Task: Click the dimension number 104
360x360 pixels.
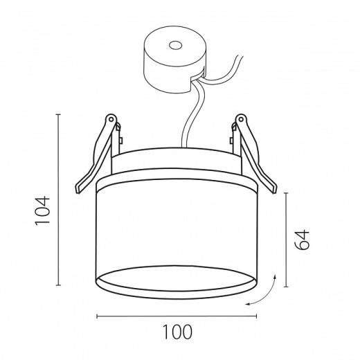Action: pyautogui.click(x=42, y=210)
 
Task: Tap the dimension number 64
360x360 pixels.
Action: pyautogui.click(x=302, y=240)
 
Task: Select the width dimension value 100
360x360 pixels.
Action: pyautogui.click(x=177, y=332)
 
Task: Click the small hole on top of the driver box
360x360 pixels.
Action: pyautogui.click(x=176, y=46)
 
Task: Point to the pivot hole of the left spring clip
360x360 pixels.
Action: pyautogui.click(x=111, y=119)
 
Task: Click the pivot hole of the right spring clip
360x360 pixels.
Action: pyautogui.click(x=241, y=119)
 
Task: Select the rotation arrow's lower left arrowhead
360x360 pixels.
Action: pyautogui.click(x=248, y=305)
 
